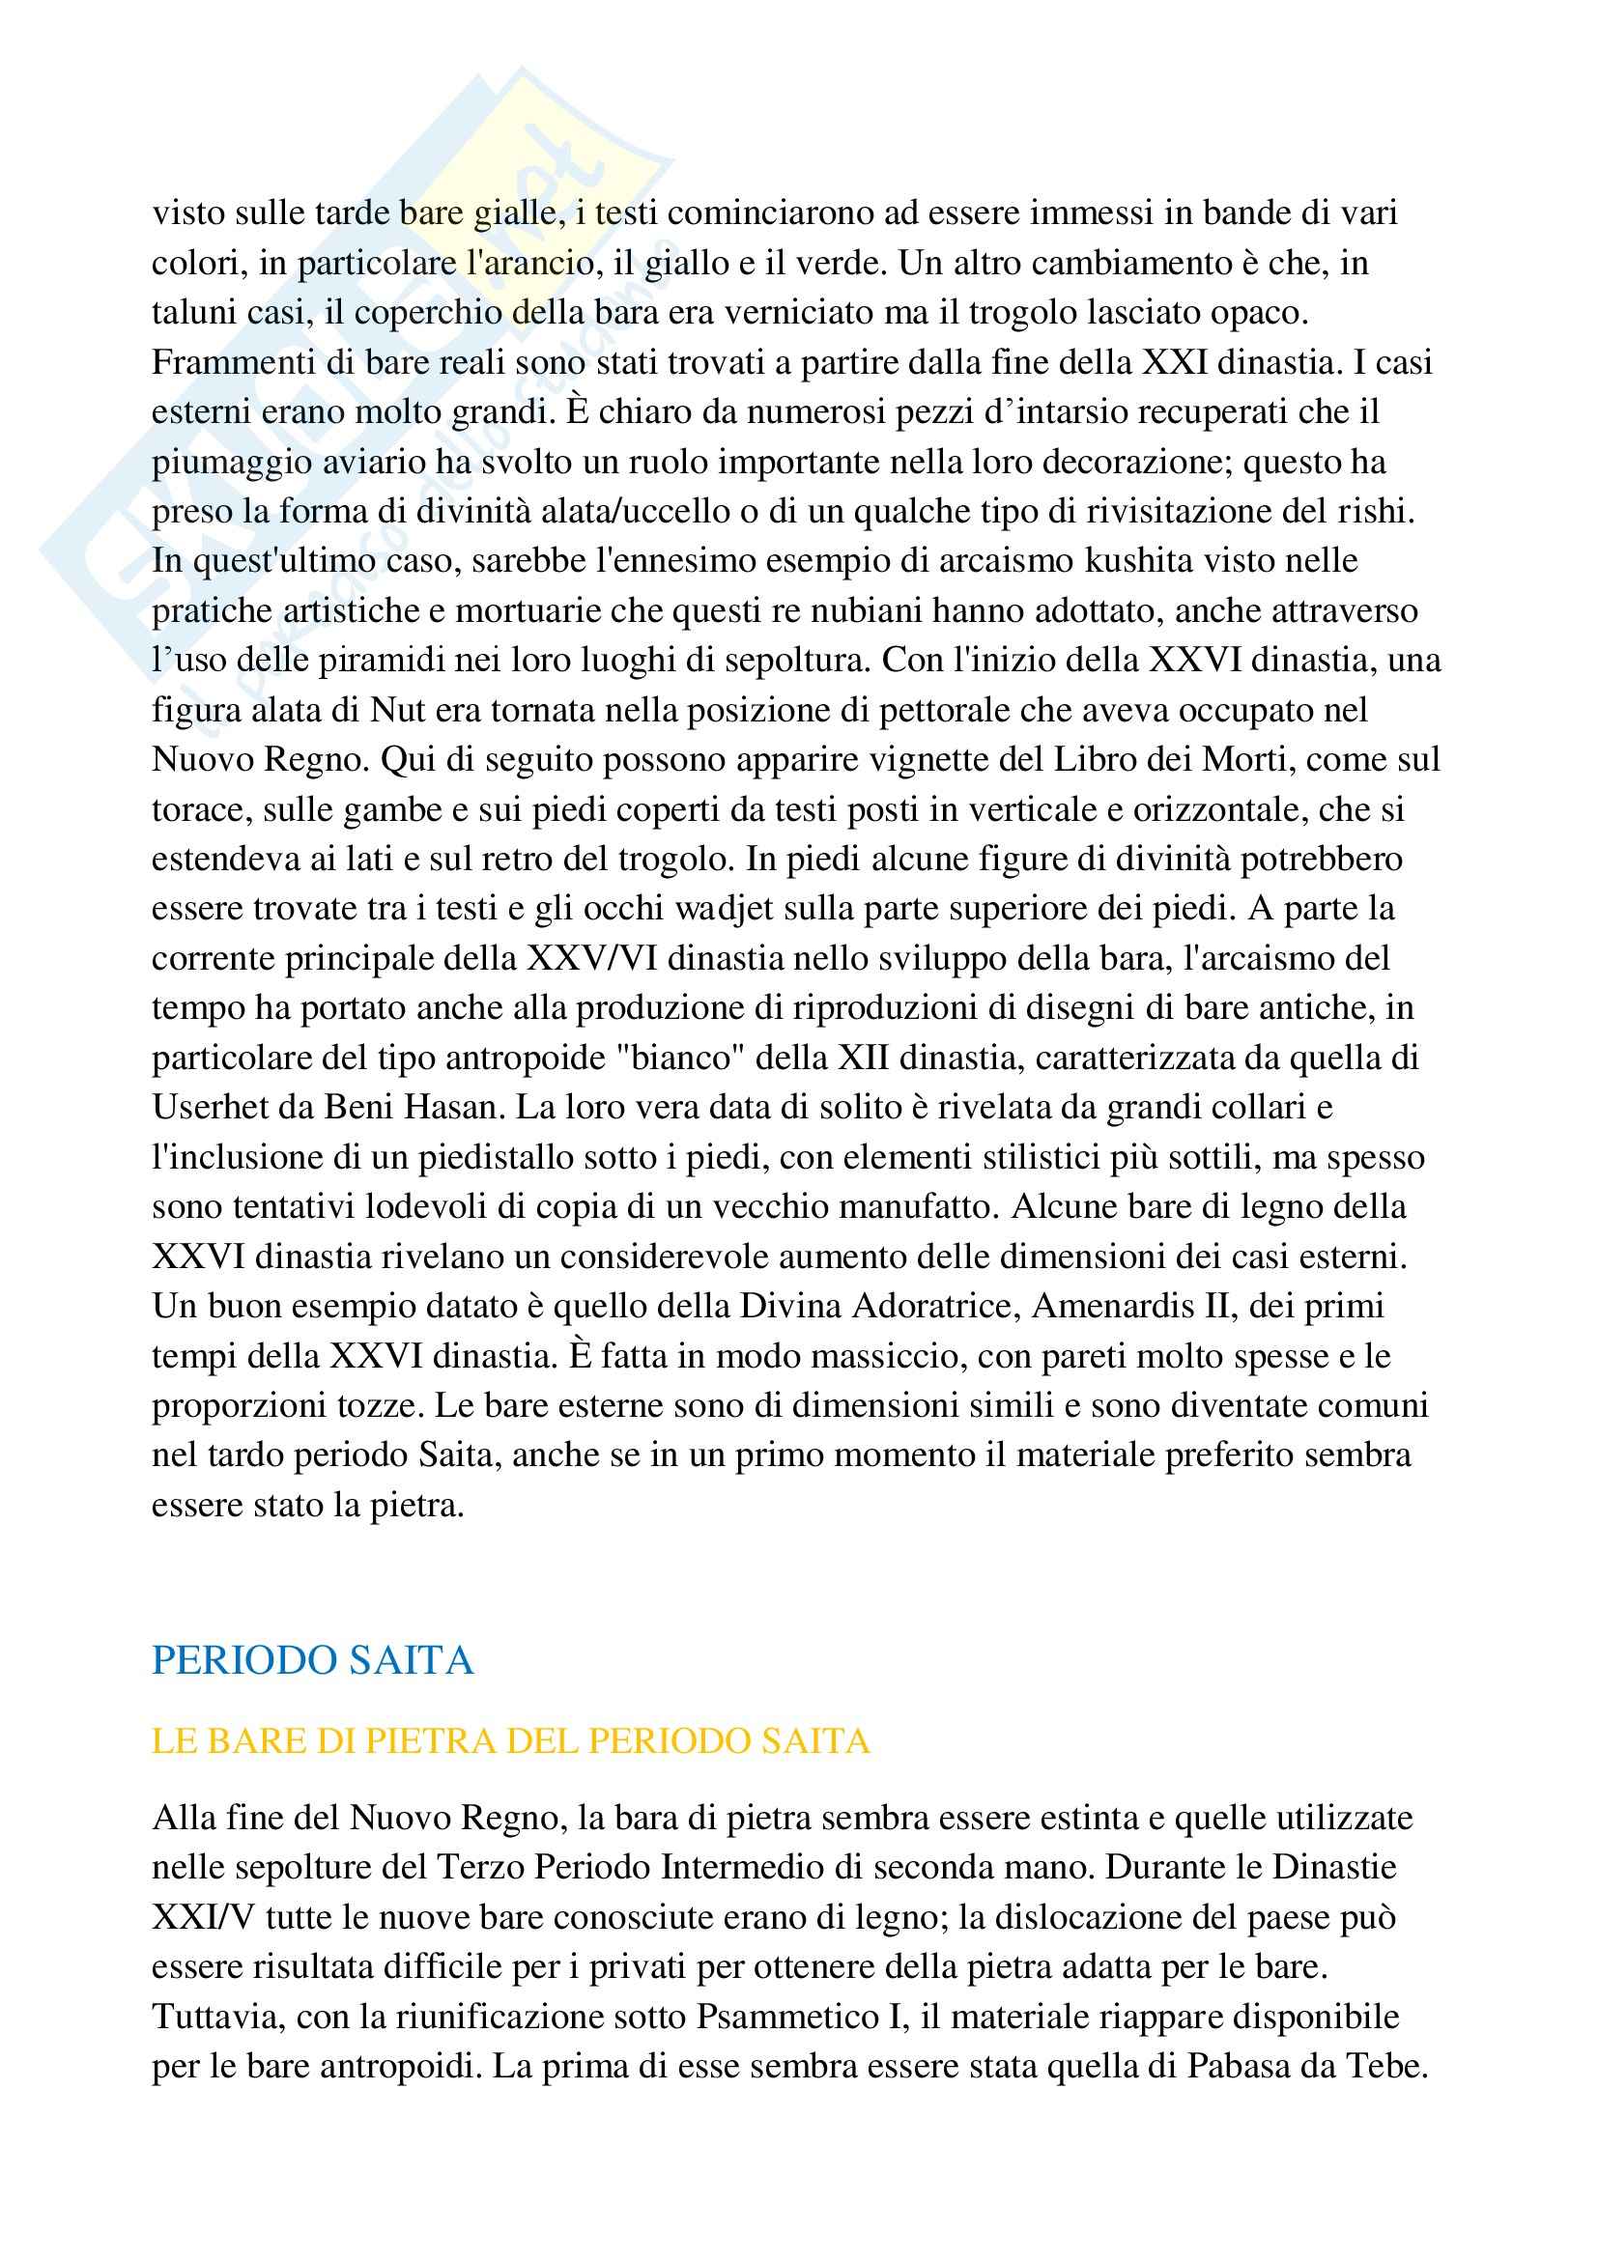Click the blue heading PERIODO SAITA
coord(313,1661)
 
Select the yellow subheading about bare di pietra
coord(511,1741)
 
